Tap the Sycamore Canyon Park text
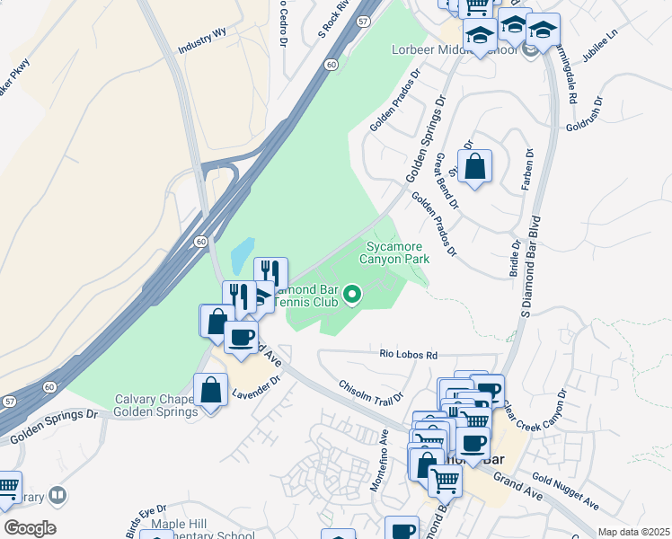pyautogui.click(x=394, y=252)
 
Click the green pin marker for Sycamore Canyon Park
pyautogui.click(x=353, y=294)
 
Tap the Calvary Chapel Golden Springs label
pyautogui.click(x=155, y=406)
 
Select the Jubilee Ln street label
pyautogui.click(x=601, y=45)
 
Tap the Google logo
pyautogui.click(x=30, y=528)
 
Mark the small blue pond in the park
pyautogui.click(x=242, y=257)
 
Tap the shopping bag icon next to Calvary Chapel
pyautogui.click(x=210, y=391)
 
